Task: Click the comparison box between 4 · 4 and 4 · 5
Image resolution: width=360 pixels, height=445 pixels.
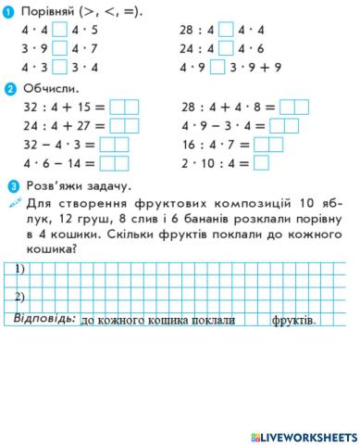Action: point(60,31)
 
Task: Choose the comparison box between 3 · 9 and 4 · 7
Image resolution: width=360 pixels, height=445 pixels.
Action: point(60,48)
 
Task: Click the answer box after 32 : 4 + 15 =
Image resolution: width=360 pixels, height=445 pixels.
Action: point(124,108)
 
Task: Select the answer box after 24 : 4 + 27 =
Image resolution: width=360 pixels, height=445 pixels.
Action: point(124,126)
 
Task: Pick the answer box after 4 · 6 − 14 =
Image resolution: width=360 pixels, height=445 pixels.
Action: point(115,163)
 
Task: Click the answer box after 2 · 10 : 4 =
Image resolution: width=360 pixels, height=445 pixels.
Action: point(261,163)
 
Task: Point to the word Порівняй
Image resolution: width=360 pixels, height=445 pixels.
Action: point(49,10)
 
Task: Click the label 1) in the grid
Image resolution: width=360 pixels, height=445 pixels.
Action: point(20,271)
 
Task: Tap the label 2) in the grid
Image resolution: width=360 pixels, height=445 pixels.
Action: point(20,297)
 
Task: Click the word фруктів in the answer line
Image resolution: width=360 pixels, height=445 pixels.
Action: point(293,321)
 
